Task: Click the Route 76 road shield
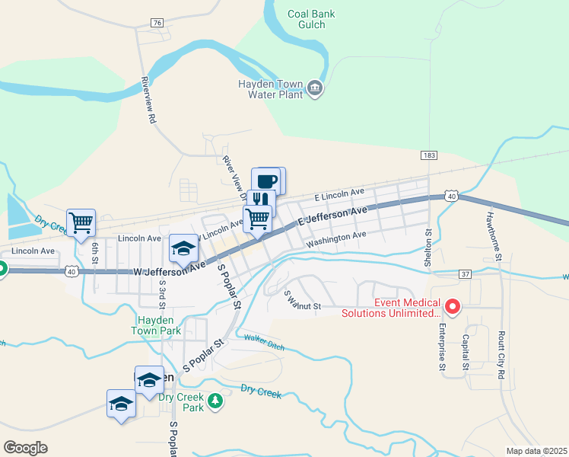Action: tap(157, 23)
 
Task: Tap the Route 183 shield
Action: tap(429, 155)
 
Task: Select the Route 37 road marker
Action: tap(466, 273)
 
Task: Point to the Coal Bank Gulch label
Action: tap(307, 18)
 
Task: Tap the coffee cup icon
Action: tap(266, 181)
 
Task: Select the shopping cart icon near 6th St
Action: tap(81, 222)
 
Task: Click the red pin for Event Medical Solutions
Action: tap(453, 307)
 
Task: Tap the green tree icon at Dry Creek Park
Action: tap(216, 401)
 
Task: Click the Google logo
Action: tap(25, 448)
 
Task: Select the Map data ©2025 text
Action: tap(537, 451)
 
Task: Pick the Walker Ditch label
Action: tap(259, 340)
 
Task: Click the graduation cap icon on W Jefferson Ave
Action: tap(183, 247)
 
